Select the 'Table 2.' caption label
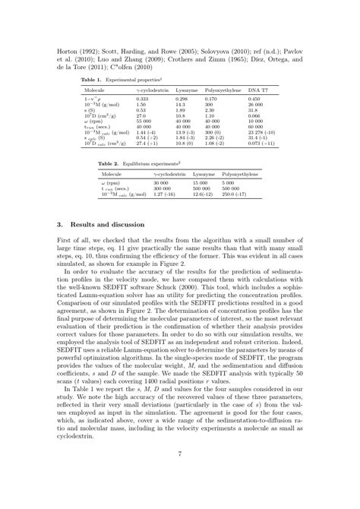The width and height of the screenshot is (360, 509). coord(109,163)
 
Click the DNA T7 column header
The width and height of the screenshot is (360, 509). coord(259,90)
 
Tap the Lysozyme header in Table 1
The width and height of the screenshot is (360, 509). coord(187,90)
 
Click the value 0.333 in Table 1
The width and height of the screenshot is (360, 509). coord(142,99)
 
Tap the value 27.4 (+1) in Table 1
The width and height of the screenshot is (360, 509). coord(147,142)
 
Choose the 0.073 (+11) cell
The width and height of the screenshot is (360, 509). coord(263,142)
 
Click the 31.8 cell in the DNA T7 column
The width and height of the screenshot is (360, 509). coord(253,110)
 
